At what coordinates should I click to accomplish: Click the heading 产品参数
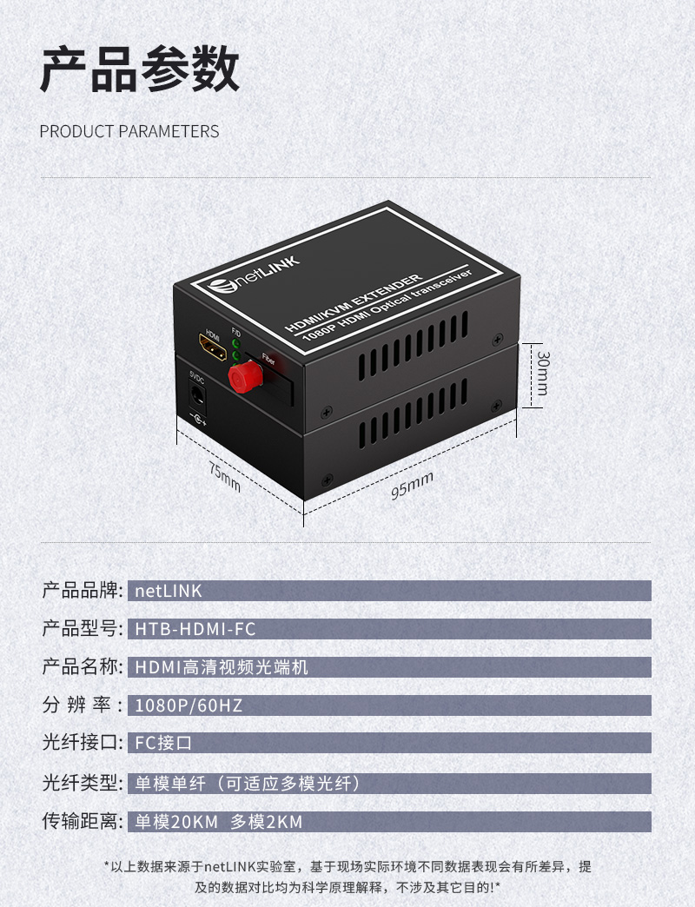139,70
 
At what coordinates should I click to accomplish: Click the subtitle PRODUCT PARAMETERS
129,131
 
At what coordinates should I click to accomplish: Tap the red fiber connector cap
245,376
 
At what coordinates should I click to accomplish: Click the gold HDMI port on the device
212,347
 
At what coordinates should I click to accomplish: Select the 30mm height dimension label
542,373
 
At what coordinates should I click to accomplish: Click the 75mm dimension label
224,477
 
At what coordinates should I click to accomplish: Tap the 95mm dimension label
412,486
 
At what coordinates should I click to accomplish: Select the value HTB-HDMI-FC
195,629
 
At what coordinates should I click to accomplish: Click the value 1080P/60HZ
189,705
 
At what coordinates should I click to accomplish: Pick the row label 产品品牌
81,590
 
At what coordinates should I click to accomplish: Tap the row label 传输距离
81,821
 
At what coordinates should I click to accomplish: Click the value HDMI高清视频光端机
222,667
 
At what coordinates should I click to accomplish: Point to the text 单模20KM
176,821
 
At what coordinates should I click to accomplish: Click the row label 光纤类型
81,783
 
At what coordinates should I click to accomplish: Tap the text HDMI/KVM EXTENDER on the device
354,302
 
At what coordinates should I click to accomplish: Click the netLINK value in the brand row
169,591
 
